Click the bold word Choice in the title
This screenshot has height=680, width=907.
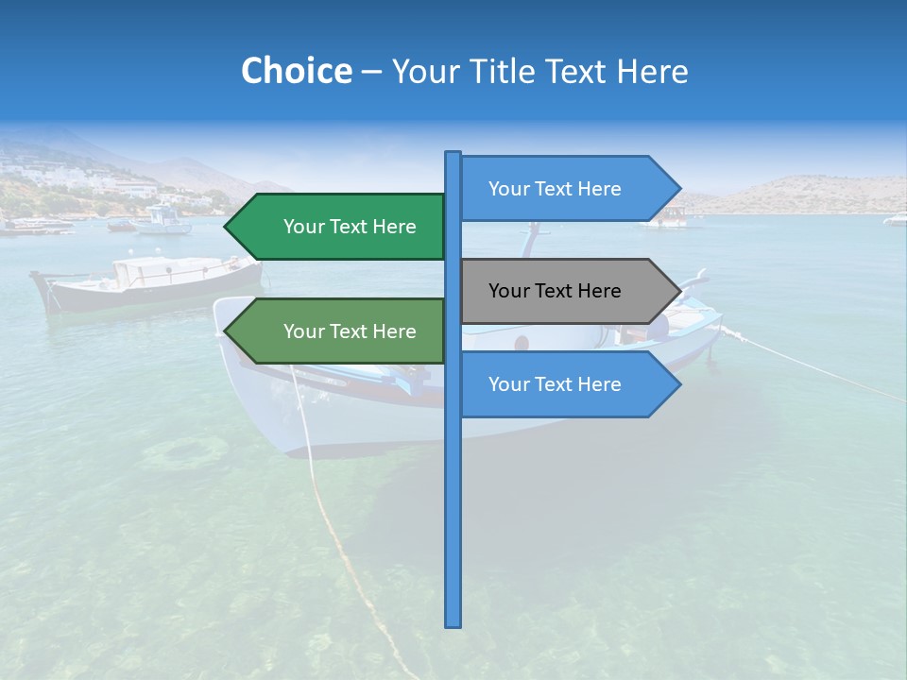[x=296, y=72]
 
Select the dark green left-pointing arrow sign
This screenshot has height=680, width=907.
[x=340, y=227]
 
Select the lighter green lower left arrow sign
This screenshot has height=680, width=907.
[x=340, y=331]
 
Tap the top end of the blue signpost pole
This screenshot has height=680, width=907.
[x=453, y=154]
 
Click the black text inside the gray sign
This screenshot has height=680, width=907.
[x=555, y=291]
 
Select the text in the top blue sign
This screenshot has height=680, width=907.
[x=555, y=189]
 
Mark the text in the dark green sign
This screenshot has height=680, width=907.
[x=350, y=227]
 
